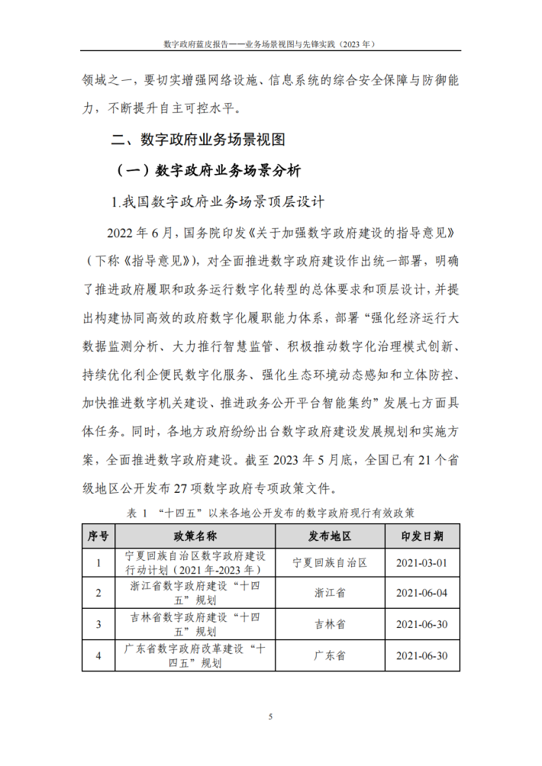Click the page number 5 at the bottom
coord(270,716)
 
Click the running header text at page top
coord(270,44)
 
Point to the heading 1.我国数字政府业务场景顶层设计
coord(218,202)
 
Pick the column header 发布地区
coord(330,536)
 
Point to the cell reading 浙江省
coord(330,593)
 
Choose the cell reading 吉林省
coord(330,624)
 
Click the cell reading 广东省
coord(330,655)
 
